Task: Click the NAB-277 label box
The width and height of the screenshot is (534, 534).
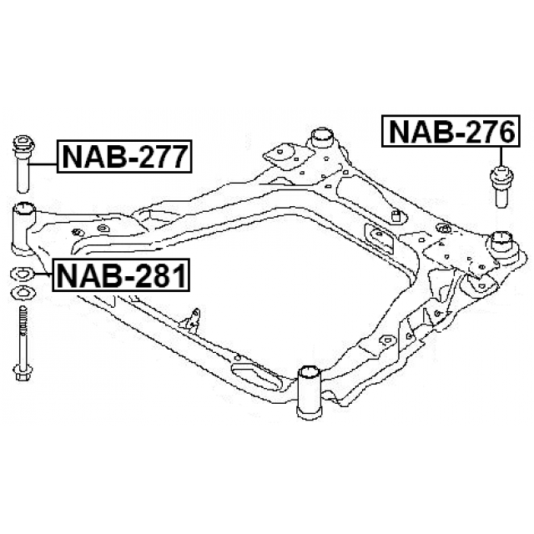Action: (x=124, y=156)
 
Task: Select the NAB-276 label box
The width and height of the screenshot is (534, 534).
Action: (x=451, y=131)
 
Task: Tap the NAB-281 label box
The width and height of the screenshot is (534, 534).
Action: (x=120, y=275)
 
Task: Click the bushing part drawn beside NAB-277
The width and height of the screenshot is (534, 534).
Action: (x=23, y=164)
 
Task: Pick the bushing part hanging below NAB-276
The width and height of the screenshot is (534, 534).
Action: (x=501, y=186)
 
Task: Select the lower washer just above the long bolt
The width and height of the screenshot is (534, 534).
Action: (x=23, y=293)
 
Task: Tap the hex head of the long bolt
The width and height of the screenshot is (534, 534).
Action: (x=23, y=373)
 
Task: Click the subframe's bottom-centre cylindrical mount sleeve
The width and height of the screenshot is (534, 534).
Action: (x=308, y=391)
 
